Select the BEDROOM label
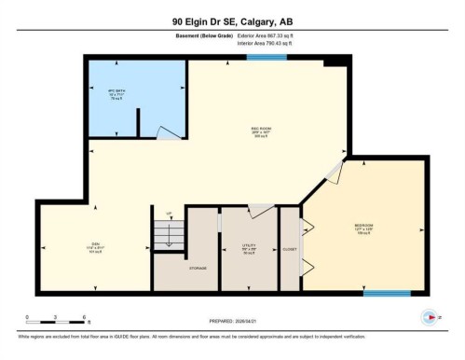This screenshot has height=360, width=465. pyautogui.click(x=365, y=228)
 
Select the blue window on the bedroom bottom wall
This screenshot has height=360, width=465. pyautogui.click(x=386, y=294)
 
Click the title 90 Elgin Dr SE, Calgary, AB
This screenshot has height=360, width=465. pyautogui.click(x=232, y=21)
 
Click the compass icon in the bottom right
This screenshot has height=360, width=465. pyautogui.click(x=428, y=315)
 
